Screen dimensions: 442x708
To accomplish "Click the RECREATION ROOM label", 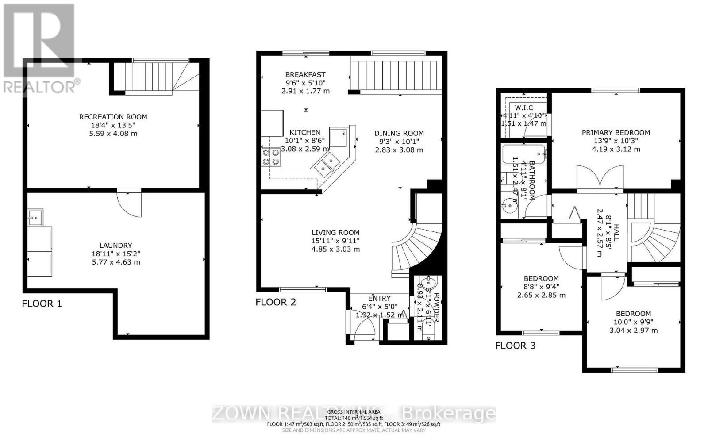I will point(113,117).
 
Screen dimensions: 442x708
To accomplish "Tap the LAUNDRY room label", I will point(115,246).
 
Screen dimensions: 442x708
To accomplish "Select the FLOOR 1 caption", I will point(42,304).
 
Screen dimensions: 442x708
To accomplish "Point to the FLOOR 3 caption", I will point(515,346).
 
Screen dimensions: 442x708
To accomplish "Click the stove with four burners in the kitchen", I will point(271,157).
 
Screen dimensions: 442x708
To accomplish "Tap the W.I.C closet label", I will point(523,108).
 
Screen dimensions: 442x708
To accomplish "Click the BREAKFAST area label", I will point(305,75).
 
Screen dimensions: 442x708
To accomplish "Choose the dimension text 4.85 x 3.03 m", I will point(335,249).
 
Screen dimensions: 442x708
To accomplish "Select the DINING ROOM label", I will point(399,133).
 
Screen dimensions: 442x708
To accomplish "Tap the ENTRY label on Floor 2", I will point(379,298).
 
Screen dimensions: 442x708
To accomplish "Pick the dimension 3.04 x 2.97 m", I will point(633,331).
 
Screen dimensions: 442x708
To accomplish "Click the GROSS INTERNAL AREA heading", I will point(354,412).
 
